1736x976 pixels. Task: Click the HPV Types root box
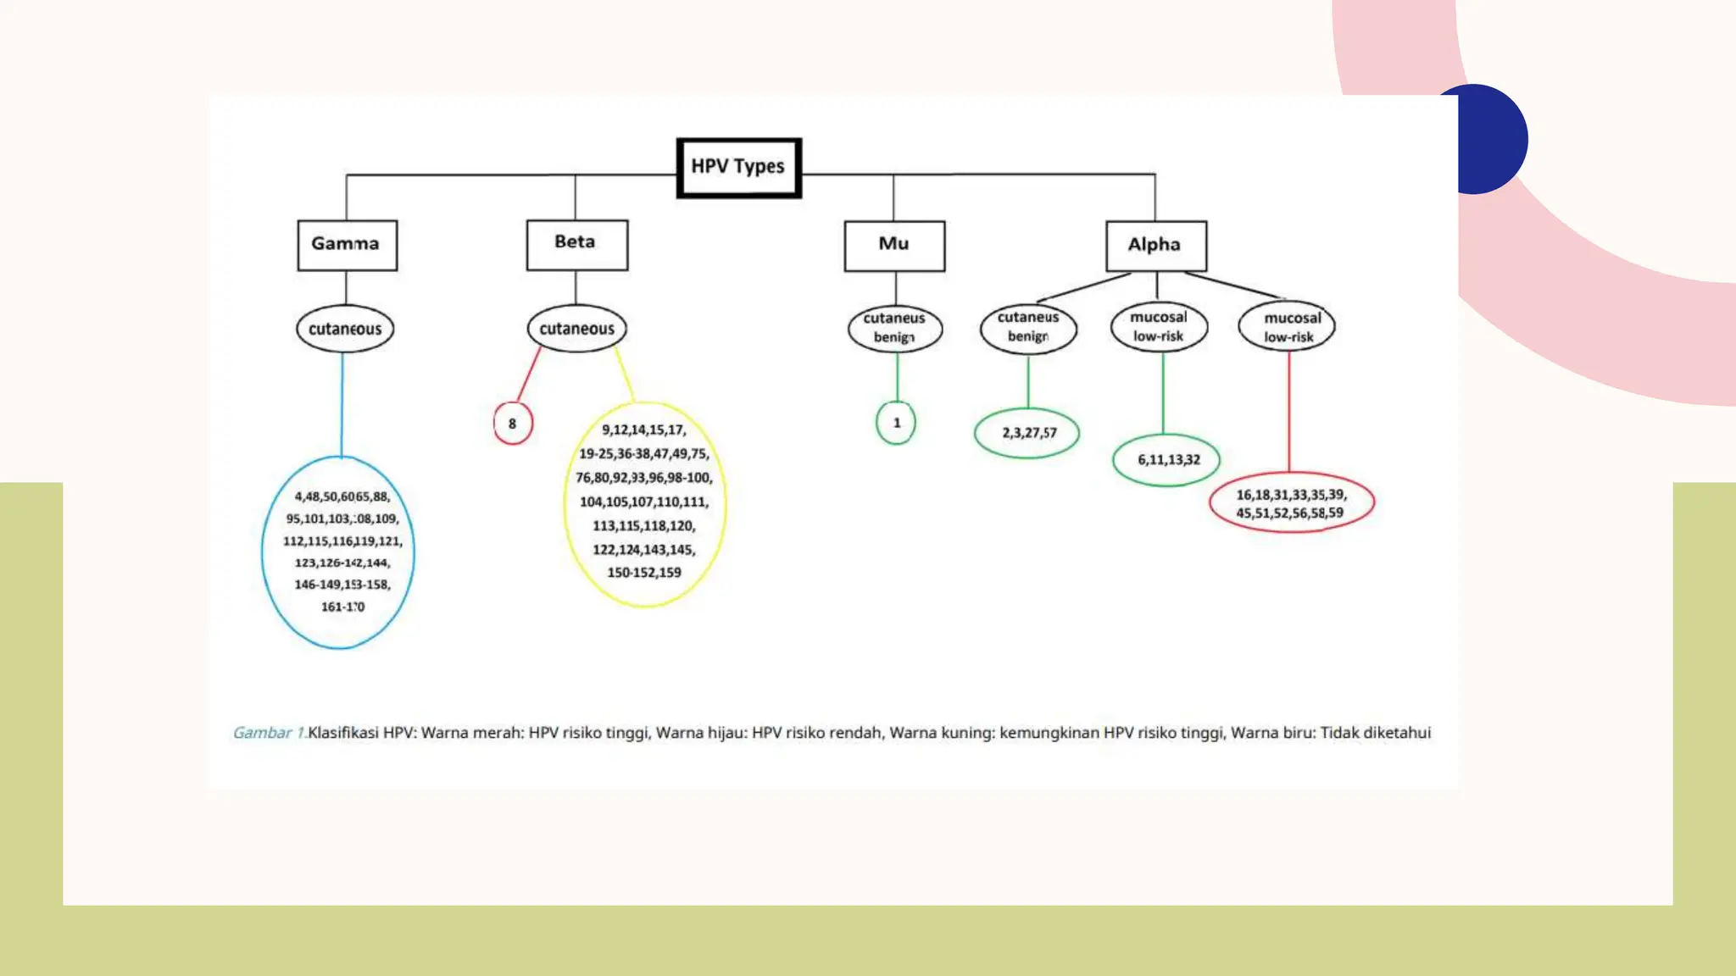738,168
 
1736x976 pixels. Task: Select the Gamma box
347,245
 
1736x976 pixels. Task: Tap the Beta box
576,244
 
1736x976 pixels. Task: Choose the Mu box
894,246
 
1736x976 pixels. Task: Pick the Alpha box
1155,246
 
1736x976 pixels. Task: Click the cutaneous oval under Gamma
345,329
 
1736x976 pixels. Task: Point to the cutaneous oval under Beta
576,329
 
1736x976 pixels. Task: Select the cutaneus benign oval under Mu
894,329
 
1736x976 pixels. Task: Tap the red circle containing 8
513,424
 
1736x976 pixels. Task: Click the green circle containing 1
896,423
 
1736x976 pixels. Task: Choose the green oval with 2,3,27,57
1027,433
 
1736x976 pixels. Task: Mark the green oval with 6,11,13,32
1166,460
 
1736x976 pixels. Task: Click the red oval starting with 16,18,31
1291,503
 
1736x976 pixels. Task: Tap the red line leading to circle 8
529,374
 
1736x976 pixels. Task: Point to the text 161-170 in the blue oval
342,607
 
